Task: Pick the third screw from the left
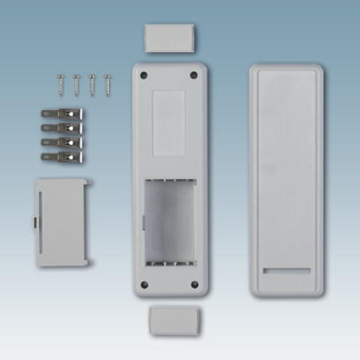point(92,84)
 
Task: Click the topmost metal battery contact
point(63,115)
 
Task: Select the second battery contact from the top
point(63,129)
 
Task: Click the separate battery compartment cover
point(62,221)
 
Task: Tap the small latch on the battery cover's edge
point(36,221)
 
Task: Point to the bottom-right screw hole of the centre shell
point(194,283)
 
